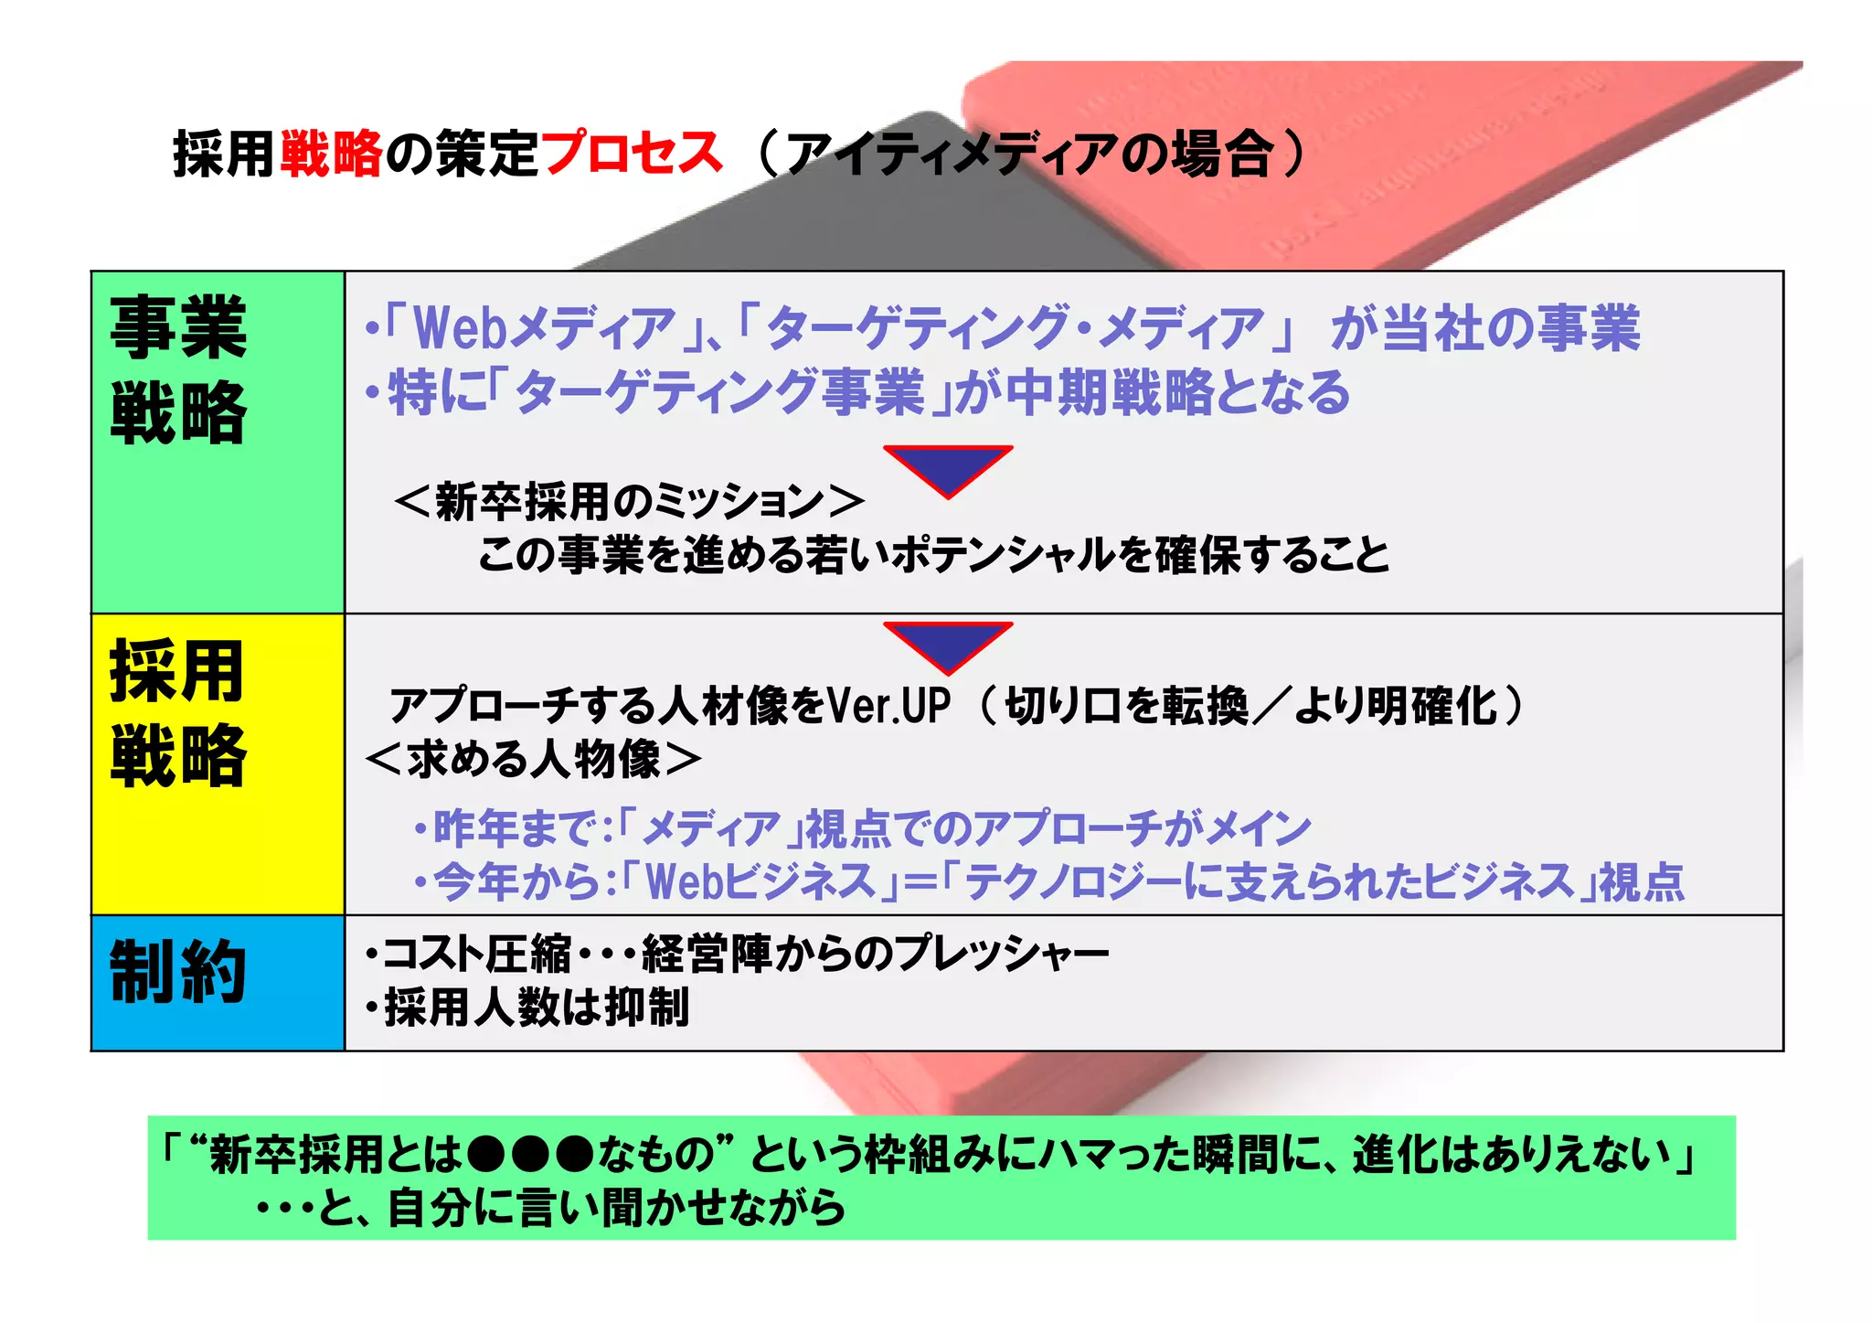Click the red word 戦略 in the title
coord(331,153)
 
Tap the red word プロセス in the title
coord(632,153)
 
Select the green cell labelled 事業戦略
coord(218,442)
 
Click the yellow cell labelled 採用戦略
coord(218,763)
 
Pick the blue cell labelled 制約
coord(218,982)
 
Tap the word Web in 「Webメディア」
coord(459,328)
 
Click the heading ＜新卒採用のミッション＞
coord(629,501)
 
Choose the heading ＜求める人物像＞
coord(533,759)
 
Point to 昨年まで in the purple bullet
coord(516,828)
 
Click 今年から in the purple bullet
coord(516,881)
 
